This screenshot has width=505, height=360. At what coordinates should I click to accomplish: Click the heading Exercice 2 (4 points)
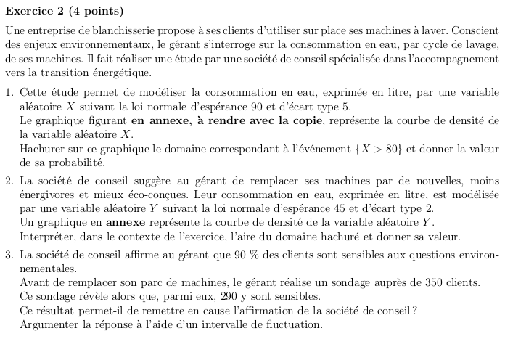pyautogui.click(x=64, y=11)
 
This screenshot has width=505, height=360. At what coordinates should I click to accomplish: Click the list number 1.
pyautogui.click(x=8, y=92)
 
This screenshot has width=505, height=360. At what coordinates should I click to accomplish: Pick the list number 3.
pyautogui.click(x=8, y=255)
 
